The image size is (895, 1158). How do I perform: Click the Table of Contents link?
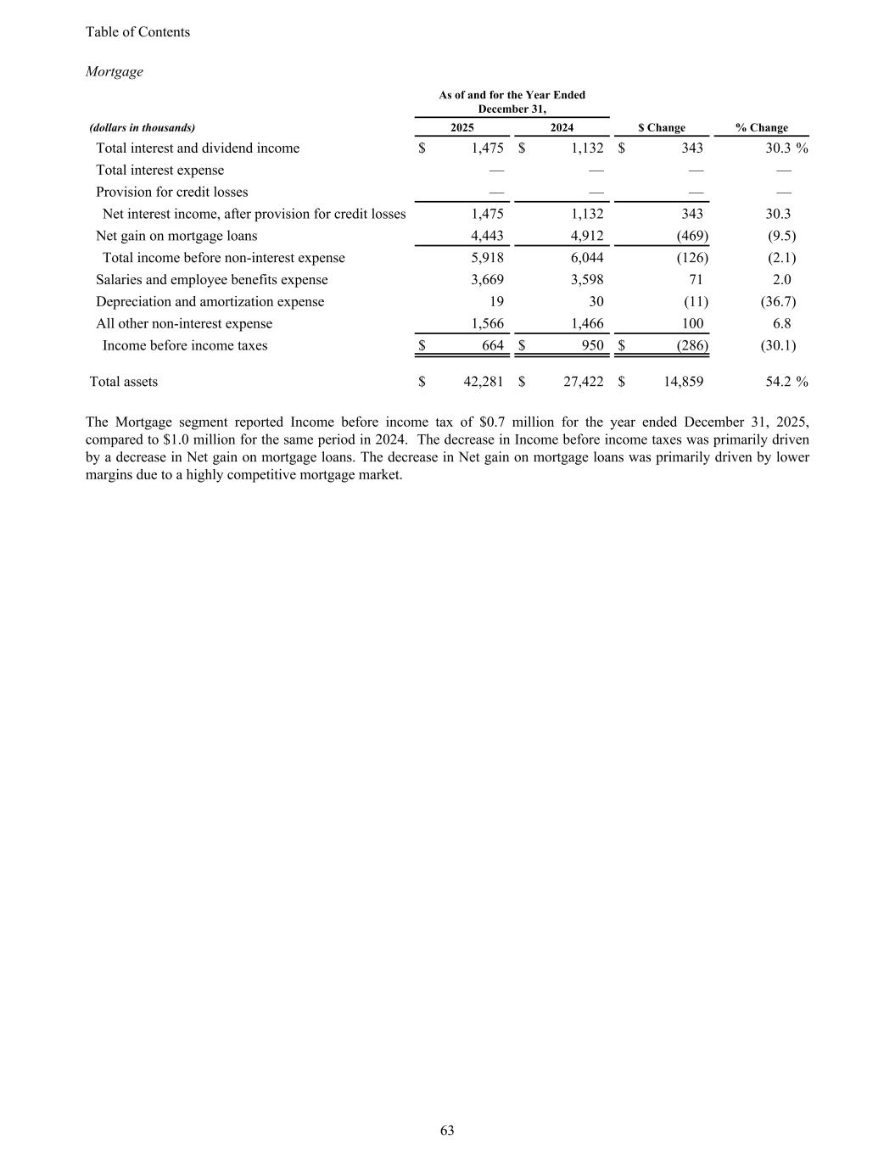(x=137, y=32)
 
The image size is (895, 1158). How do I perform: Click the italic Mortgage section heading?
(x=115, y=72)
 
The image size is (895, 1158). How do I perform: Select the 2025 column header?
(x=461, y=128)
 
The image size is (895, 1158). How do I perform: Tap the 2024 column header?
(x=562, y=128)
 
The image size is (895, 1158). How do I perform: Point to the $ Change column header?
(x=662, y=128)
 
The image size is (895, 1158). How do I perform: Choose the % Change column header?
(x=761, y=128)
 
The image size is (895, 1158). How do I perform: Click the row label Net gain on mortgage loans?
(x=176, y=236)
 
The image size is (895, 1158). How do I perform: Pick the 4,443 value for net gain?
(x=487, y=236)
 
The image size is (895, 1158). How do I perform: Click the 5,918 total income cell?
(x=487, y=258)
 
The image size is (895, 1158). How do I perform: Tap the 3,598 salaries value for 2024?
(x=586, y=280)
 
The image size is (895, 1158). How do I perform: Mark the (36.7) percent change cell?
(x=778, y=302)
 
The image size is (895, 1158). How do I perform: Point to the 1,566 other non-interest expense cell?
(x=487, y=324)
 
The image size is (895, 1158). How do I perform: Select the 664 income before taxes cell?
(x=492, y=346)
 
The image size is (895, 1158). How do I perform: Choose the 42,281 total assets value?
(x=484, y=382)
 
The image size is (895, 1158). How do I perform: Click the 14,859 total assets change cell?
(x=683, y=382)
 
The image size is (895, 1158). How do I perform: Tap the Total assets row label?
(x=124, y=382)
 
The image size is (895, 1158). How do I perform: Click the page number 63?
(x=447, y=1130)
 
